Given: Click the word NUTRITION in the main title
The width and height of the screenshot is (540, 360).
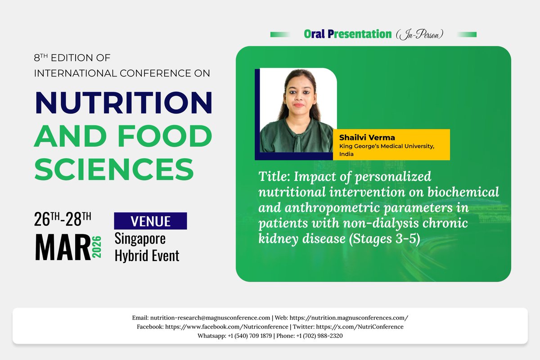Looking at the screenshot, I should [x=123, y=103].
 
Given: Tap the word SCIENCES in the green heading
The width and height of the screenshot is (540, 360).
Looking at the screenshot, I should [x=114, y=169].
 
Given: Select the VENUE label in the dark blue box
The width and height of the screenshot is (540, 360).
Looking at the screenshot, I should [x=150, y=221].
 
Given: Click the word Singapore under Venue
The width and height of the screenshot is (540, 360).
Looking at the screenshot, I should [x=140, y=238].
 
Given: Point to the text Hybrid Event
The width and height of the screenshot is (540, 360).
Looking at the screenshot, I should [x=147, y=256].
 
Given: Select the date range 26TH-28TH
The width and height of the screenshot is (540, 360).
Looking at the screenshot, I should [x=63, y=220].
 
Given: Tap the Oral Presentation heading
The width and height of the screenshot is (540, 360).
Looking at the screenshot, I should [x=348, y=34].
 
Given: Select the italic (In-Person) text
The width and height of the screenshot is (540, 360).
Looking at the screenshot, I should [x=419, y=34].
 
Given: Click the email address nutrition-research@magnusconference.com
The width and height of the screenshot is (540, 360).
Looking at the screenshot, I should [x=210, y=318].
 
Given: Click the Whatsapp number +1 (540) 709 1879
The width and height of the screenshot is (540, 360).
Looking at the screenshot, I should [x=248, y=336].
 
